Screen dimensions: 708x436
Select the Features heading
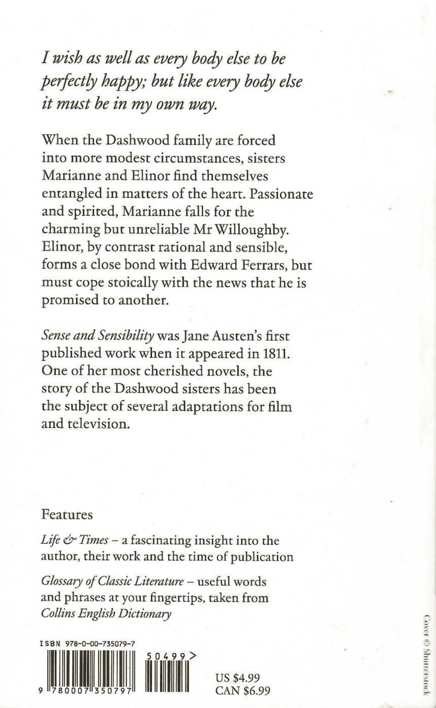point(67,514)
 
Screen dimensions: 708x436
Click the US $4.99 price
point(238,677)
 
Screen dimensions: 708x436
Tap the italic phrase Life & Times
point(74,540)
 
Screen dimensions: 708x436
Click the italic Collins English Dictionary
point(106,614)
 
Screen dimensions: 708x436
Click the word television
point(98,423)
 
